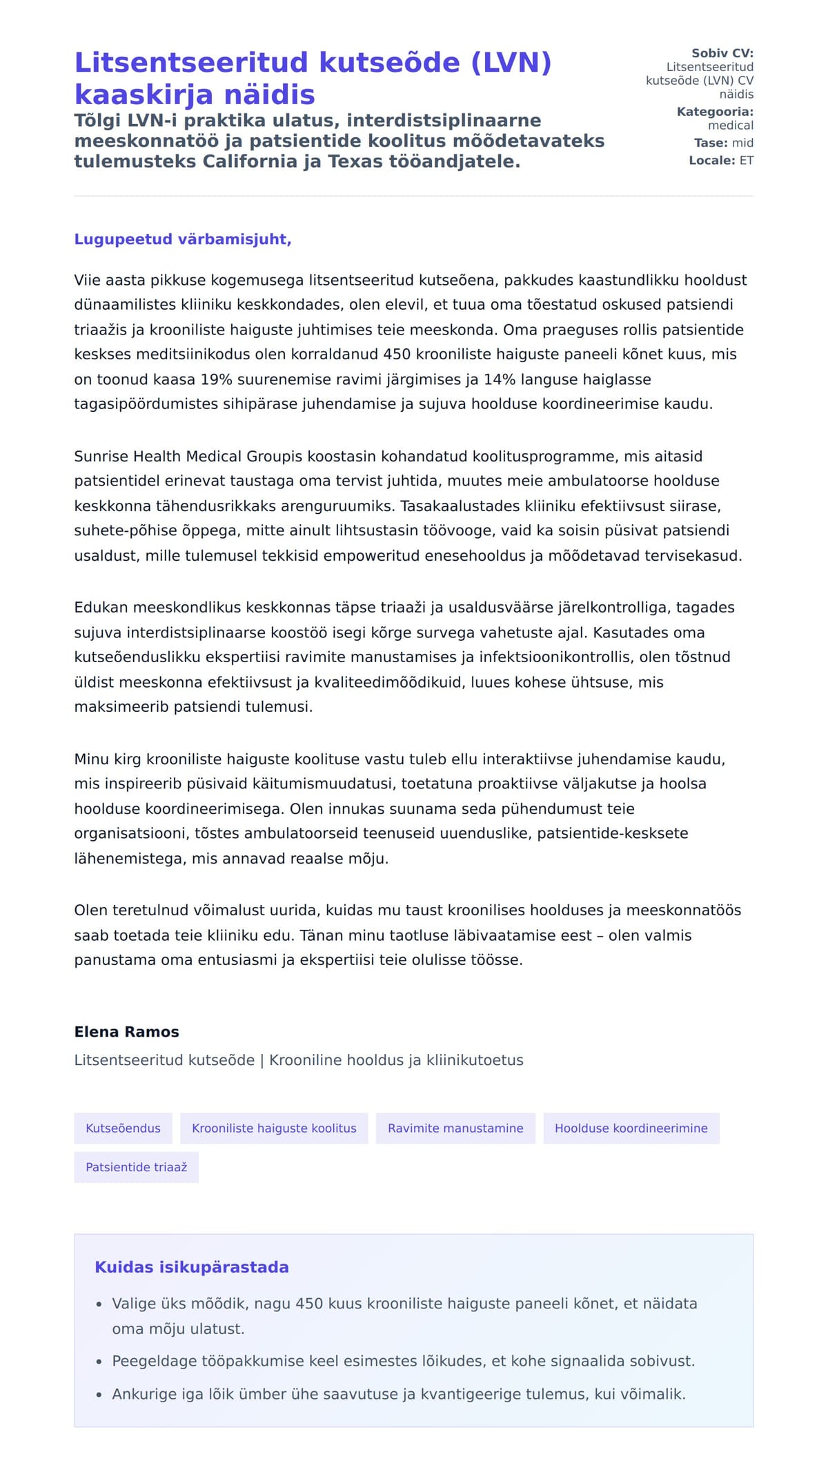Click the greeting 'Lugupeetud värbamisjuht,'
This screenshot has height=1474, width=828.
pos(183,239)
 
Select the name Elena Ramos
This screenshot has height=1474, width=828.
pos(126,1032)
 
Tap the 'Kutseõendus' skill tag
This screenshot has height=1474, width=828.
pos(123,1128)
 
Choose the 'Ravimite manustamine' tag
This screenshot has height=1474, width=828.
pos(455,1128)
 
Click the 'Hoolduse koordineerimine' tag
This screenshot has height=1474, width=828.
pos(631,1128)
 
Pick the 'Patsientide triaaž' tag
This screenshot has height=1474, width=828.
pos(136,1167)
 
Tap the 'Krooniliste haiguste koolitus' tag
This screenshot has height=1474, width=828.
pos(274,1128)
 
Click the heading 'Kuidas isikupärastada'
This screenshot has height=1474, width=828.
pos(192,1267)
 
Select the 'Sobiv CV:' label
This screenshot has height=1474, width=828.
pos(722,53)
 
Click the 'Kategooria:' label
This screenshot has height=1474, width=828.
pos(715,112)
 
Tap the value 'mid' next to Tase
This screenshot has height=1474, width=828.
pos(742,143)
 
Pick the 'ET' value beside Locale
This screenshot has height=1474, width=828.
pos(747,161)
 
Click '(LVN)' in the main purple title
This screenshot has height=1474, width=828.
pos(511,63)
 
